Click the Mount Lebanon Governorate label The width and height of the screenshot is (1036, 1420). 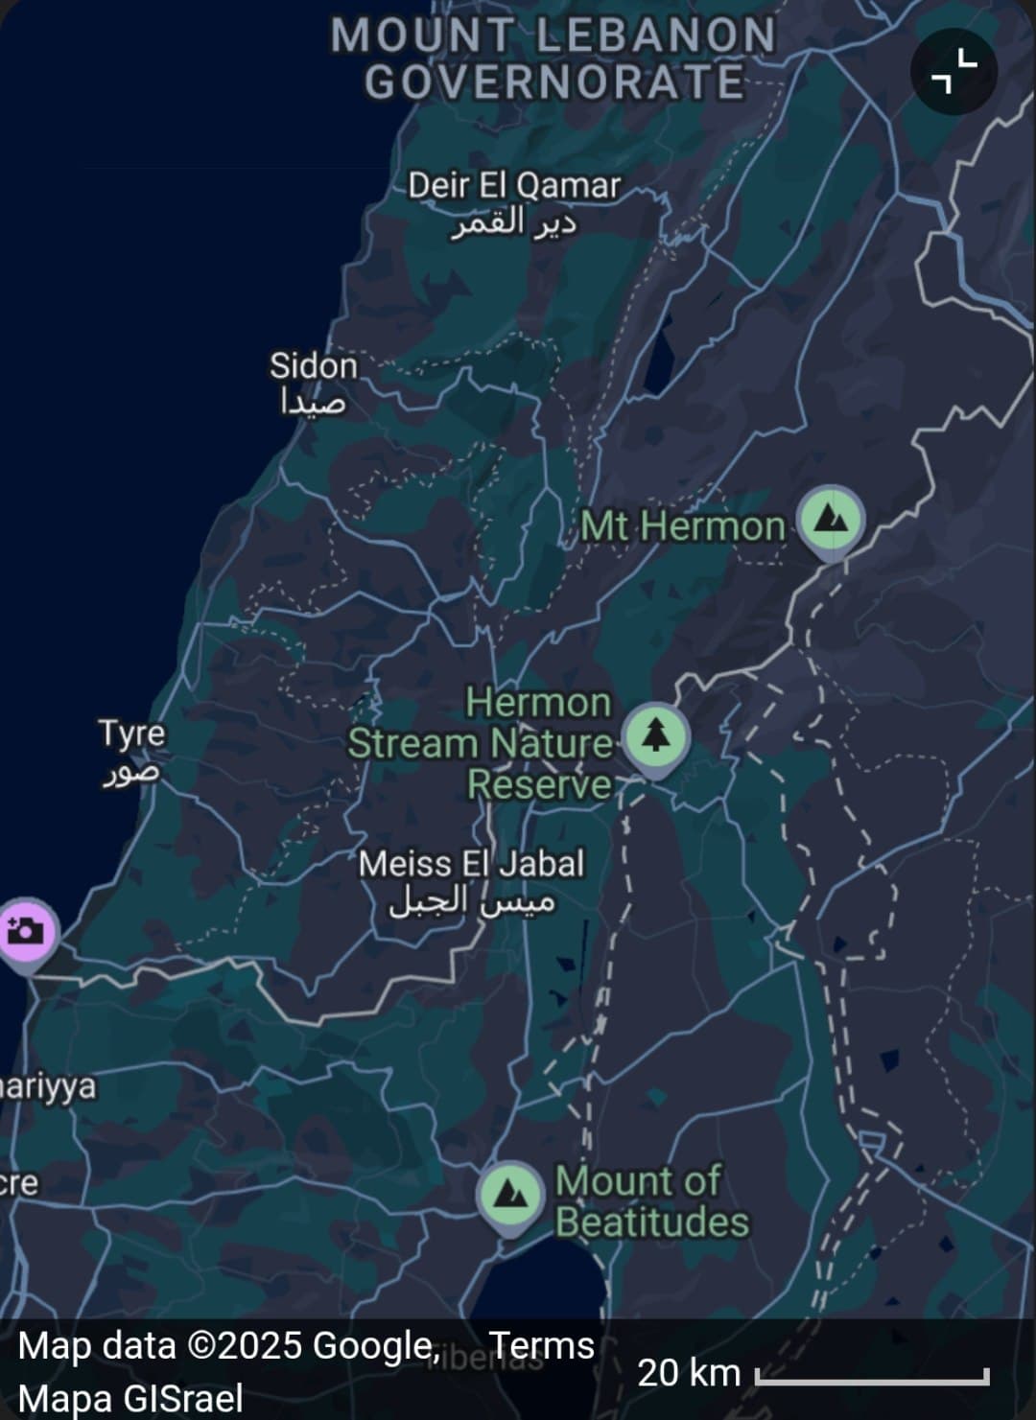pos(553,58)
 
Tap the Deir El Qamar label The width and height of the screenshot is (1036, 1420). pos(514,185)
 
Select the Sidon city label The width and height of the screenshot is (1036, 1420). pos(313,366)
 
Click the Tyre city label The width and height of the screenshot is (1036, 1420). pos(132,733)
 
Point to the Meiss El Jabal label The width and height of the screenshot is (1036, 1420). pos(471,865)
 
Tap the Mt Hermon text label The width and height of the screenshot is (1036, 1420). pos(683,525)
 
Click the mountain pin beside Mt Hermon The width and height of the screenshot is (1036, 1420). pos(832,519)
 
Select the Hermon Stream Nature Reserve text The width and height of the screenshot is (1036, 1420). pos(480,743)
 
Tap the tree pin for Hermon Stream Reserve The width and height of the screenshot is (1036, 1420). pos(655,738)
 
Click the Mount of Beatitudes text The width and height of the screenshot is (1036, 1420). pos(651,1201)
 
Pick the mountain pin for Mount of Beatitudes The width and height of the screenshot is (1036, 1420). pos(509,1196)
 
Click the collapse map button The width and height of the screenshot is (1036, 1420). pos(954,72)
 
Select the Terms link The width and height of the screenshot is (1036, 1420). pos(542,1345)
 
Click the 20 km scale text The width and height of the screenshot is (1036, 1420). pos(689,1373)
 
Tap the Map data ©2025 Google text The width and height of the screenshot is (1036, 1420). pos(228,1345)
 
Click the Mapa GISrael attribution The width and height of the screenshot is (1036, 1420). pos(129,1398)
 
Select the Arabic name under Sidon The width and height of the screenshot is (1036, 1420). pos(313,403)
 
